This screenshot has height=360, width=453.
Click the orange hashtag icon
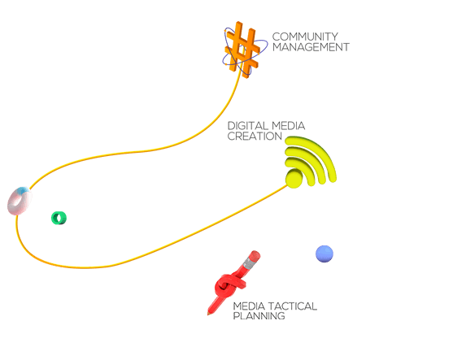click(x=242, y=50)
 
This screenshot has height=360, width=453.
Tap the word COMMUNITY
click(x=305, y=37)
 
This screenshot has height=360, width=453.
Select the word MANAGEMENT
click(x=311, y=47)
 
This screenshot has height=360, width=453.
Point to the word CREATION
click(x=255, y=137)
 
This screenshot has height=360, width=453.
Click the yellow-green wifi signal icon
click(x=311, y=162)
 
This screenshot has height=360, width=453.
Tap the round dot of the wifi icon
click(x=294, y=179)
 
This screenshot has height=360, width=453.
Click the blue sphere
click(x=325, y=254)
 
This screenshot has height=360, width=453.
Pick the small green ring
click(x=59, y=218)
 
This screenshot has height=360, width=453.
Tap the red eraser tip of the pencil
click(x=255, y=256)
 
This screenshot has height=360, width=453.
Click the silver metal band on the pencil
click(x=248, y=263)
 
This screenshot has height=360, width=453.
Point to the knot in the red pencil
click(x=229, y=286)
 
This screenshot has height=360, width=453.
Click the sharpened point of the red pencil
click(x=208, y=314)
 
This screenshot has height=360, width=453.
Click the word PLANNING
click(x=259, y=316)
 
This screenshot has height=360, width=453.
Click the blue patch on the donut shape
click(x=23, y=190)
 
